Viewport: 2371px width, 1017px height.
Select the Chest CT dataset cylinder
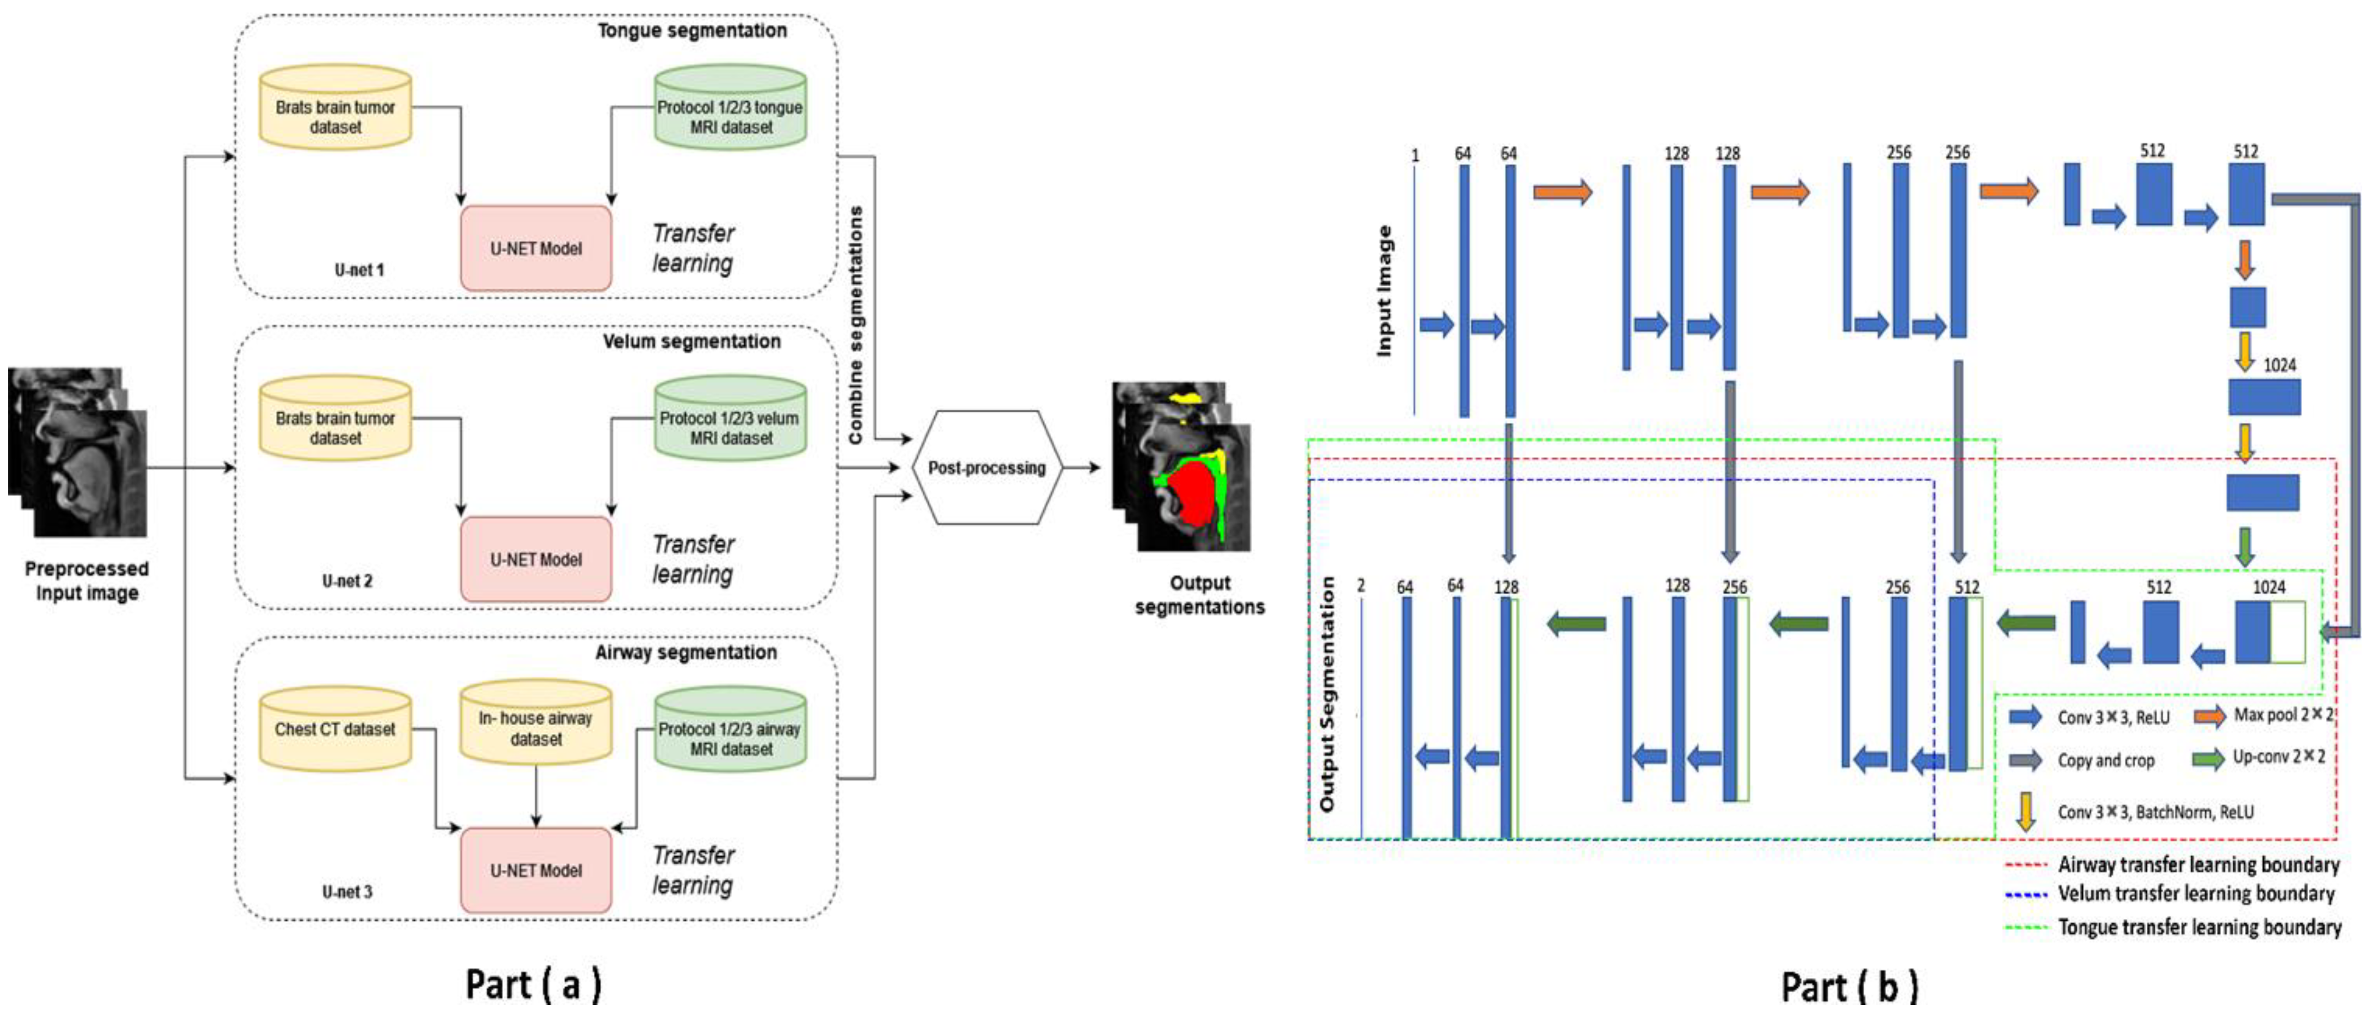pos(335,729)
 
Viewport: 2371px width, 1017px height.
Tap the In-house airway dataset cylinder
pos(535,727)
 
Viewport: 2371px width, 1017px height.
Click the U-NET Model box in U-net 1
pos(535,248)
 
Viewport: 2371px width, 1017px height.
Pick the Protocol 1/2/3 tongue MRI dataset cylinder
pos(730,108)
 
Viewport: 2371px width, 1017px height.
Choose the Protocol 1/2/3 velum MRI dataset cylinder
pos(730,420)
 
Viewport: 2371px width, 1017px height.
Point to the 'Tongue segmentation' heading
pos(692,30)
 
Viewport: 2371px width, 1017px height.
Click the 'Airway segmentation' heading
pos(686,652)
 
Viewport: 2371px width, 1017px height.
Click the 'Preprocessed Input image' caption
pos(86,581)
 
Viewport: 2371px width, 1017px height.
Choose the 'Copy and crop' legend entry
pos(2106,760)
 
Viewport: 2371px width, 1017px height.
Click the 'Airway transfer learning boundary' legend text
pos(2198,864)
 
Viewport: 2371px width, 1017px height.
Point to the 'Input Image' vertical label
pos(1383,290)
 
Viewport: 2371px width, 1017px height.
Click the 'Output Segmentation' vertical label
pos(1327,695)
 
